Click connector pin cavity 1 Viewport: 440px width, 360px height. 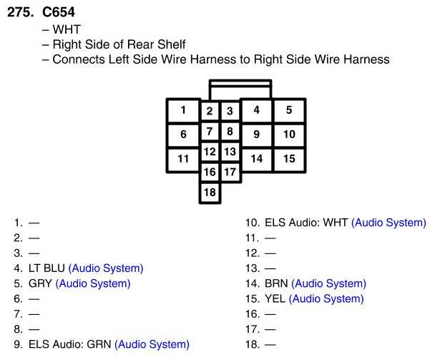pyautogui.click(x=183, y=111)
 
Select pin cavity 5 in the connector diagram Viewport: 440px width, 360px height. pyautogui.click(x=289, y=111)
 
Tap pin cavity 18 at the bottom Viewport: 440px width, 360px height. pyautogui.click(x=209, y=193)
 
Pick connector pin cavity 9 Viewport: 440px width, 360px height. pyautogui.click(x=256, y=134)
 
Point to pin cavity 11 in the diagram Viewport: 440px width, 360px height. pyautogui.click(x=183, y=159)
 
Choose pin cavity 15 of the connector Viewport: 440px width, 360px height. pyautogui.click(x=289, y=159)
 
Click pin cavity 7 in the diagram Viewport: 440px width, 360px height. pyautogui.click(x=209, y=132)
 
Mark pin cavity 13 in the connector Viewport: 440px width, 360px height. pyautogui.click(x=229, y=152)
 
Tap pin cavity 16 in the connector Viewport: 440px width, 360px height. pyautogui.click(x=209, y=172)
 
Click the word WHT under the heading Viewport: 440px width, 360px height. pyautogui.click(x=67, y=30)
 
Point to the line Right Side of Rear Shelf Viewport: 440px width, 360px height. pyautogui.click(x=119, y=44)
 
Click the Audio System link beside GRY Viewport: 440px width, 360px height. pyautogui.click(x=93, y=283)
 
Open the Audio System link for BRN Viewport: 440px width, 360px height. pyautogui.click(x=328, y=283)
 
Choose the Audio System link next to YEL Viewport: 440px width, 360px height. pyautogui.click(x=326, y=298)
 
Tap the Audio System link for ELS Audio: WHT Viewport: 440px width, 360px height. pyautogui.click(x=388, y=223)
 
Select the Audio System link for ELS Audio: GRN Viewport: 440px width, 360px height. pyautogui.click(x=152, y=344)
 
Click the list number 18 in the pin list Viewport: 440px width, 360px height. pyautogui.click(x=251, y=344)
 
